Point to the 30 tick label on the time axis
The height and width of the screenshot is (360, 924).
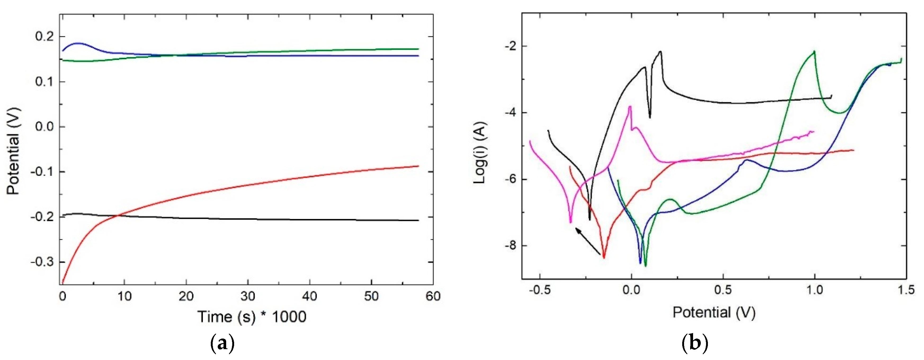point(248,296)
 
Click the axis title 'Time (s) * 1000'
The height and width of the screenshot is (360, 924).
point(252,317)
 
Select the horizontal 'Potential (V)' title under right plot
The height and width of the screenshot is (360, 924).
point(714,312)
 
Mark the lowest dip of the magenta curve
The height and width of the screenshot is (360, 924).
point(571,222)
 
